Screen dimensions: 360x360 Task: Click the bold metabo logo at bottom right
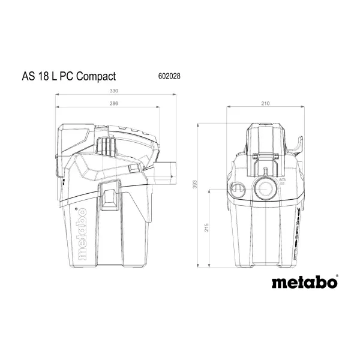pos(304,281)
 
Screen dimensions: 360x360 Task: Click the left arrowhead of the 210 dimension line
pos(229,109)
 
